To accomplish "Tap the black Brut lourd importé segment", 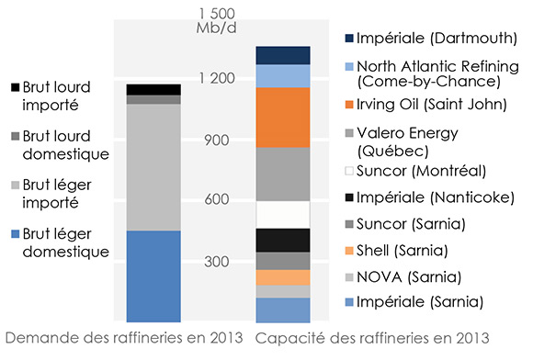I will (153, 89).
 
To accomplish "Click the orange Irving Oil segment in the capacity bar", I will (282, 118).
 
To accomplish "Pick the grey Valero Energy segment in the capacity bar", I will (282, 174).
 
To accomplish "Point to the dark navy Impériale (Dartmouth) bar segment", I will (282, 55).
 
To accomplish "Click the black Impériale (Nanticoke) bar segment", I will (282, 240).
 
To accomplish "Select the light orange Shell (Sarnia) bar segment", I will (282, 277).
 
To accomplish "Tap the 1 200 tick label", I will (218, 79).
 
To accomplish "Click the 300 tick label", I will (218, 262).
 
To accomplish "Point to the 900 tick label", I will (218, 140).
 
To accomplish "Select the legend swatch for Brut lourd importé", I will (17, 88).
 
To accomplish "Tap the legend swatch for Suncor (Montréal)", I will (350, 172).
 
